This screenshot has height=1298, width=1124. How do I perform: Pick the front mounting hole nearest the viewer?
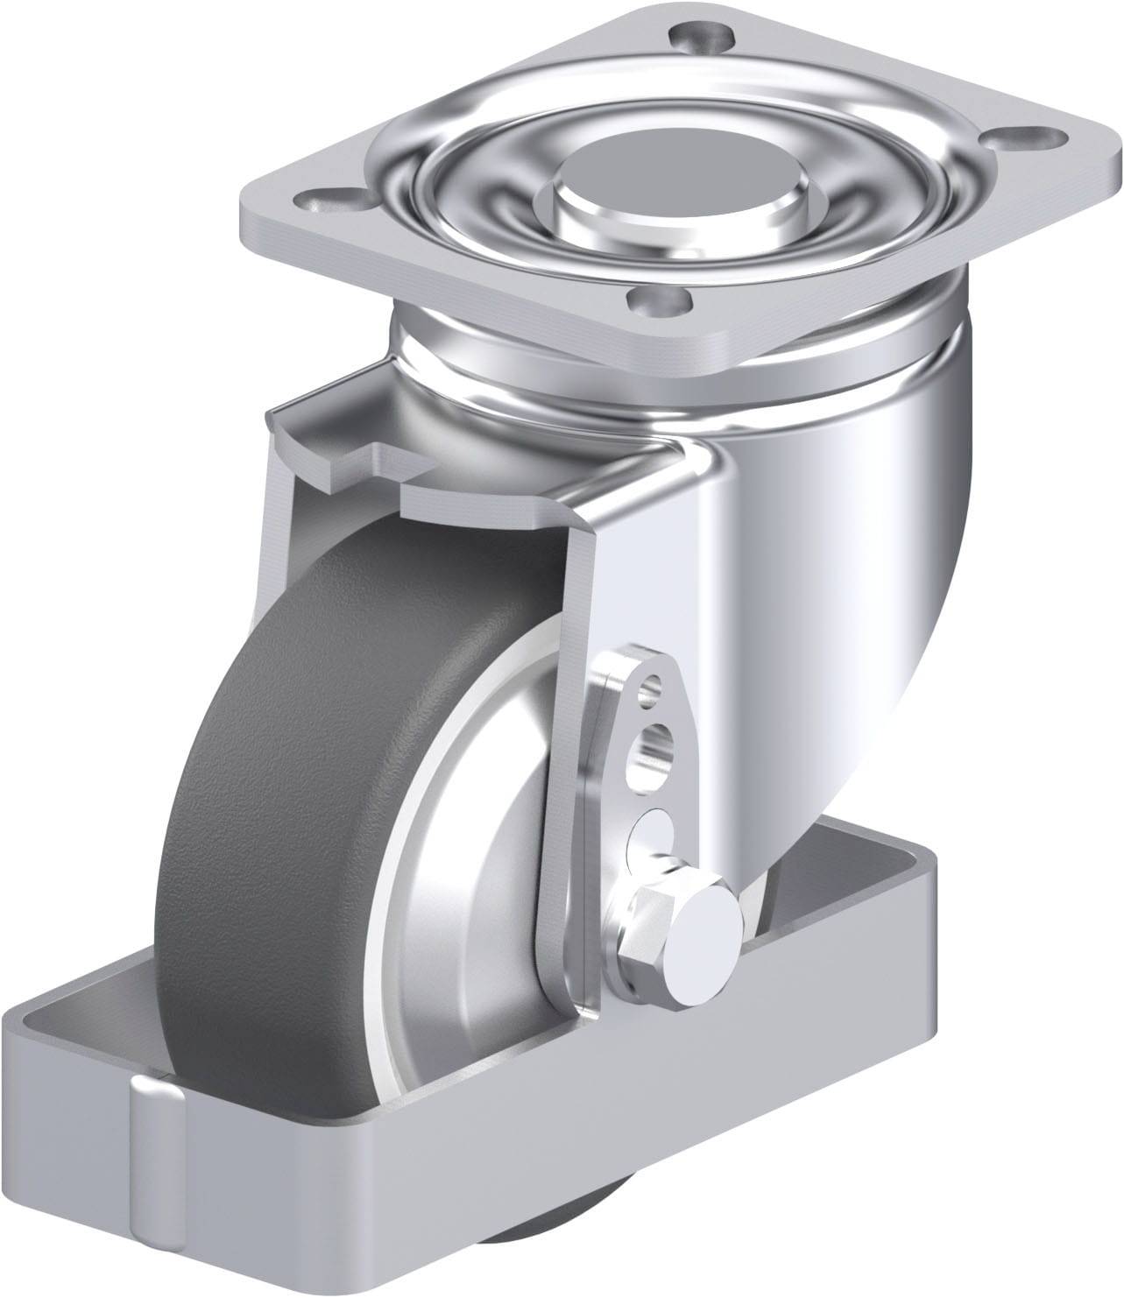click(x=663, y=305)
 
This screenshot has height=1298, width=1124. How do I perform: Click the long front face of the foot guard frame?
click(x=613, y=1121)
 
